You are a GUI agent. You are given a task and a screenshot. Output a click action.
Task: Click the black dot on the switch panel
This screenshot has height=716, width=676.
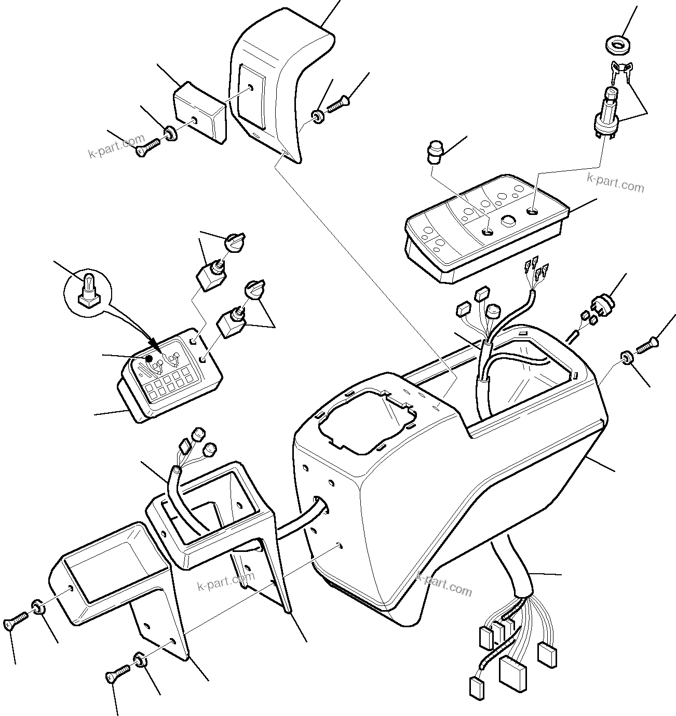[x=148, y=358]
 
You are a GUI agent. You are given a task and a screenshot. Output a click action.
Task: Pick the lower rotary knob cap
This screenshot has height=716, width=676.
[x=254, y=290]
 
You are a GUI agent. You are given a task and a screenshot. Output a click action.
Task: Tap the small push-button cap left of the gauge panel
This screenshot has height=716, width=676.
[x=434, y=151]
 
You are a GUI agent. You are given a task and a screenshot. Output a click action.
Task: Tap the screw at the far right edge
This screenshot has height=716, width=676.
[x=646, y=345]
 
